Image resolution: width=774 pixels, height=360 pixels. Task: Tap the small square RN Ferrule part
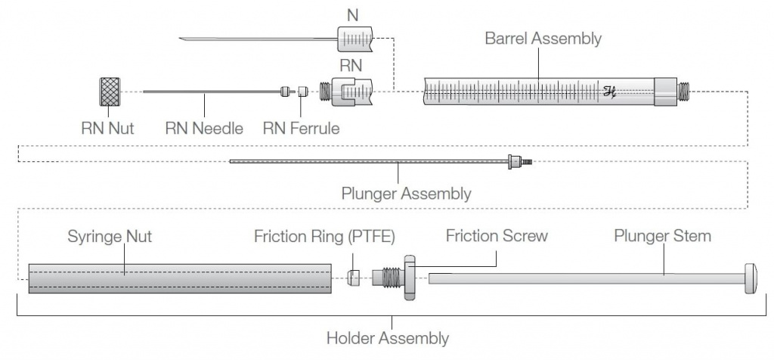pos(302,92)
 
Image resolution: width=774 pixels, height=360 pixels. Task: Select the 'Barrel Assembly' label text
pos(543,39)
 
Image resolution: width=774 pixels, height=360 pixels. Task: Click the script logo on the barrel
pos(609,92)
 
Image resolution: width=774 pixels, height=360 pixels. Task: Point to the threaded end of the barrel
pos(683,92)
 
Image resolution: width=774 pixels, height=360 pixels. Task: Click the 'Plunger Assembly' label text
pos(406,194)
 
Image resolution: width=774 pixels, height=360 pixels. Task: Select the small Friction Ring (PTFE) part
pos(353,278)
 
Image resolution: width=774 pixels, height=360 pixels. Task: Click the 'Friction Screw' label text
pos(497,236)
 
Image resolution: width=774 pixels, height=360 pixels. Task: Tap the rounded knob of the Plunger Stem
pos(753,278)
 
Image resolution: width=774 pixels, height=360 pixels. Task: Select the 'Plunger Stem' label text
pos(661,236)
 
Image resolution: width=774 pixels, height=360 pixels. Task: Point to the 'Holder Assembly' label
pos(387,338)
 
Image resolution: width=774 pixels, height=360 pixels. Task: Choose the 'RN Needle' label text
pos(204,128)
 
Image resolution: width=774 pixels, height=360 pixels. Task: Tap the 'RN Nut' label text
pos(107,128)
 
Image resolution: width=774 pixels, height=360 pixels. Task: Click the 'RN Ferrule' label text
pos(301,128)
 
